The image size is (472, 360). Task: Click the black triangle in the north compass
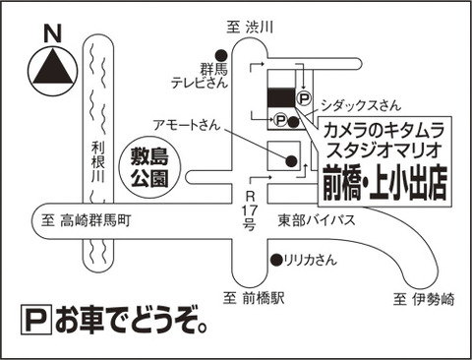pyautogui.click(x=52, y=67)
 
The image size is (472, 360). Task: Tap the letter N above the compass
pyautogui.click(x=52, y=33)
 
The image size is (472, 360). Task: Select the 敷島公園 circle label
pyautogui.click(x=149, y=167)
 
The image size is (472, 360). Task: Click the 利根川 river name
pyautogui.click(x=97, y=161)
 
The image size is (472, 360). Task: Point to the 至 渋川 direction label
pyautogui.click(x=250, y=27)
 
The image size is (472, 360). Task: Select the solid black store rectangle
pyautogui.click(x=281, y=97)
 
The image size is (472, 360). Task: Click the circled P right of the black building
pyautogui.click(x=304, y=98)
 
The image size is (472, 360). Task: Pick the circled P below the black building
pyautogui.click(x=280, y=120)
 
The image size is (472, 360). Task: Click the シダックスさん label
pyautogui.click(x=361, y=105)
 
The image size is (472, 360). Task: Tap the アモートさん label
pyautogui.click(x=186, y=125)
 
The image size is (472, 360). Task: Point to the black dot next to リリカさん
pyautogui.click(x=277, y=260)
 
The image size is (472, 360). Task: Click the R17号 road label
pyautogui.click(x=250, y=210)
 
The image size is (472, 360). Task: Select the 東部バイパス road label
pyautogui.click(x=317, y=220)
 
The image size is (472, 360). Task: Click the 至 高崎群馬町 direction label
pyautogui.click(x=86, y=220)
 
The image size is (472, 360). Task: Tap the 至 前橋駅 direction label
pyautogui.click(x=254, y=298)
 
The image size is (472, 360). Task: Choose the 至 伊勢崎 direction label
pyautogui.click(x=424, y=299)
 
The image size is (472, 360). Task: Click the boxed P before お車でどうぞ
pyautogui.click(x=36, y=320)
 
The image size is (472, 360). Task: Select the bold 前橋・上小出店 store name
pyautogui.click(x=385, y=183)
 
